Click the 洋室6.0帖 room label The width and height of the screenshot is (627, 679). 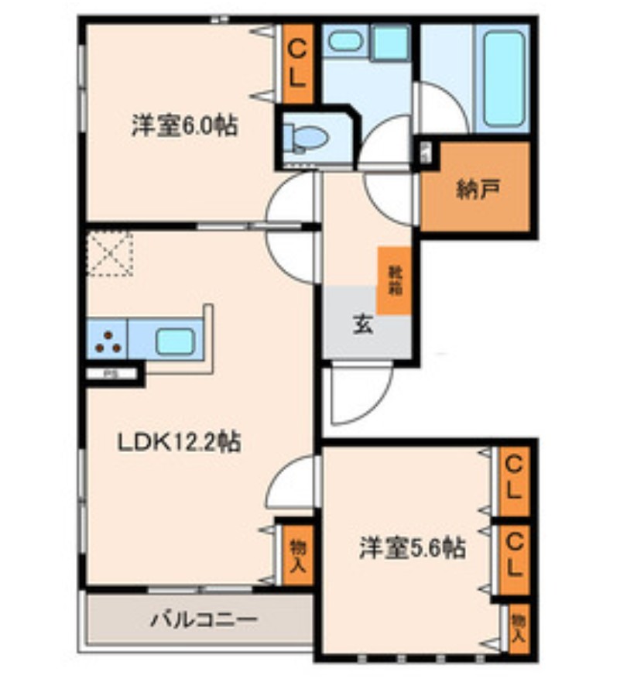point(183,125)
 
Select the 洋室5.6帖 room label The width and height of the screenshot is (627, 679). point(411,549)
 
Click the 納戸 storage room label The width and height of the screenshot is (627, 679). point(472,191)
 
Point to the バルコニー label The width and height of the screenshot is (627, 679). point(203,620)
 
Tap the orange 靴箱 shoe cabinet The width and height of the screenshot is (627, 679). point(394,279)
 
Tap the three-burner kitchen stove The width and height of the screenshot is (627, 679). point(108,341)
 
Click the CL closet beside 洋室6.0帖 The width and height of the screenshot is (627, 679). point(298,63)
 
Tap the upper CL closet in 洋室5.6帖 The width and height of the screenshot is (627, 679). point(513,481)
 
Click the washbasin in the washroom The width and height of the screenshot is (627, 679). point(343,42)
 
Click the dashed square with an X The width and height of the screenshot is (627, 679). point(109,252)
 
